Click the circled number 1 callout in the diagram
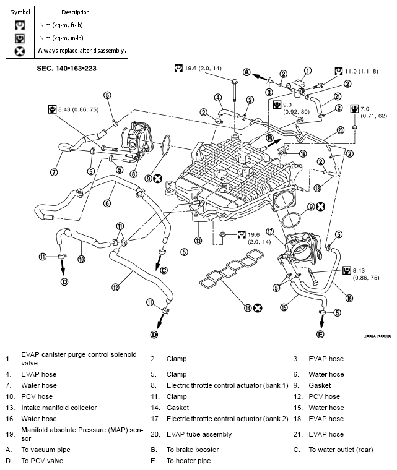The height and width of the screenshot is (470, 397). click(x=308, y=70)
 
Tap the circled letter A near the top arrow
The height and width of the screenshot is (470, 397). click(x=246, y=72)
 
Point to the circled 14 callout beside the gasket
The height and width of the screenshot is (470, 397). click(x=248, y=307)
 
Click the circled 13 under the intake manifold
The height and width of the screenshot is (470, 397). click(x=198, y=241)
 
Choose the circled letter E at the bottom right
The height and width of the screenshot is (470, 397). click(x=320, y=334)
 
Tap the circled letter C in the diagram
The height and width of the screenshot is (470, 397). click(x=164, y=270)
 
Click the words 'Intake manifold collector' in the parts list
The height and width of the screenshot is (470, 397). click(x=59, y=408)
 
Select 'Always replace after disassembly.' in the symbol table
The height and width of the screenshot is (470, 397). click(x=82, y=50)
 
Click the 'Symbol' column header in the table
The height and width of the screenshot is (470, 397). click(x=19, y=12)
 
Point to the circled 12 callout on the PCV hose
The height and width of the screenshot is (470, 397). click(x=115, y=287)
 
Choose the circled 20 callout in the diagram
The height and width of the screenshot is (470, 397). click(x=340, y=130)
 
